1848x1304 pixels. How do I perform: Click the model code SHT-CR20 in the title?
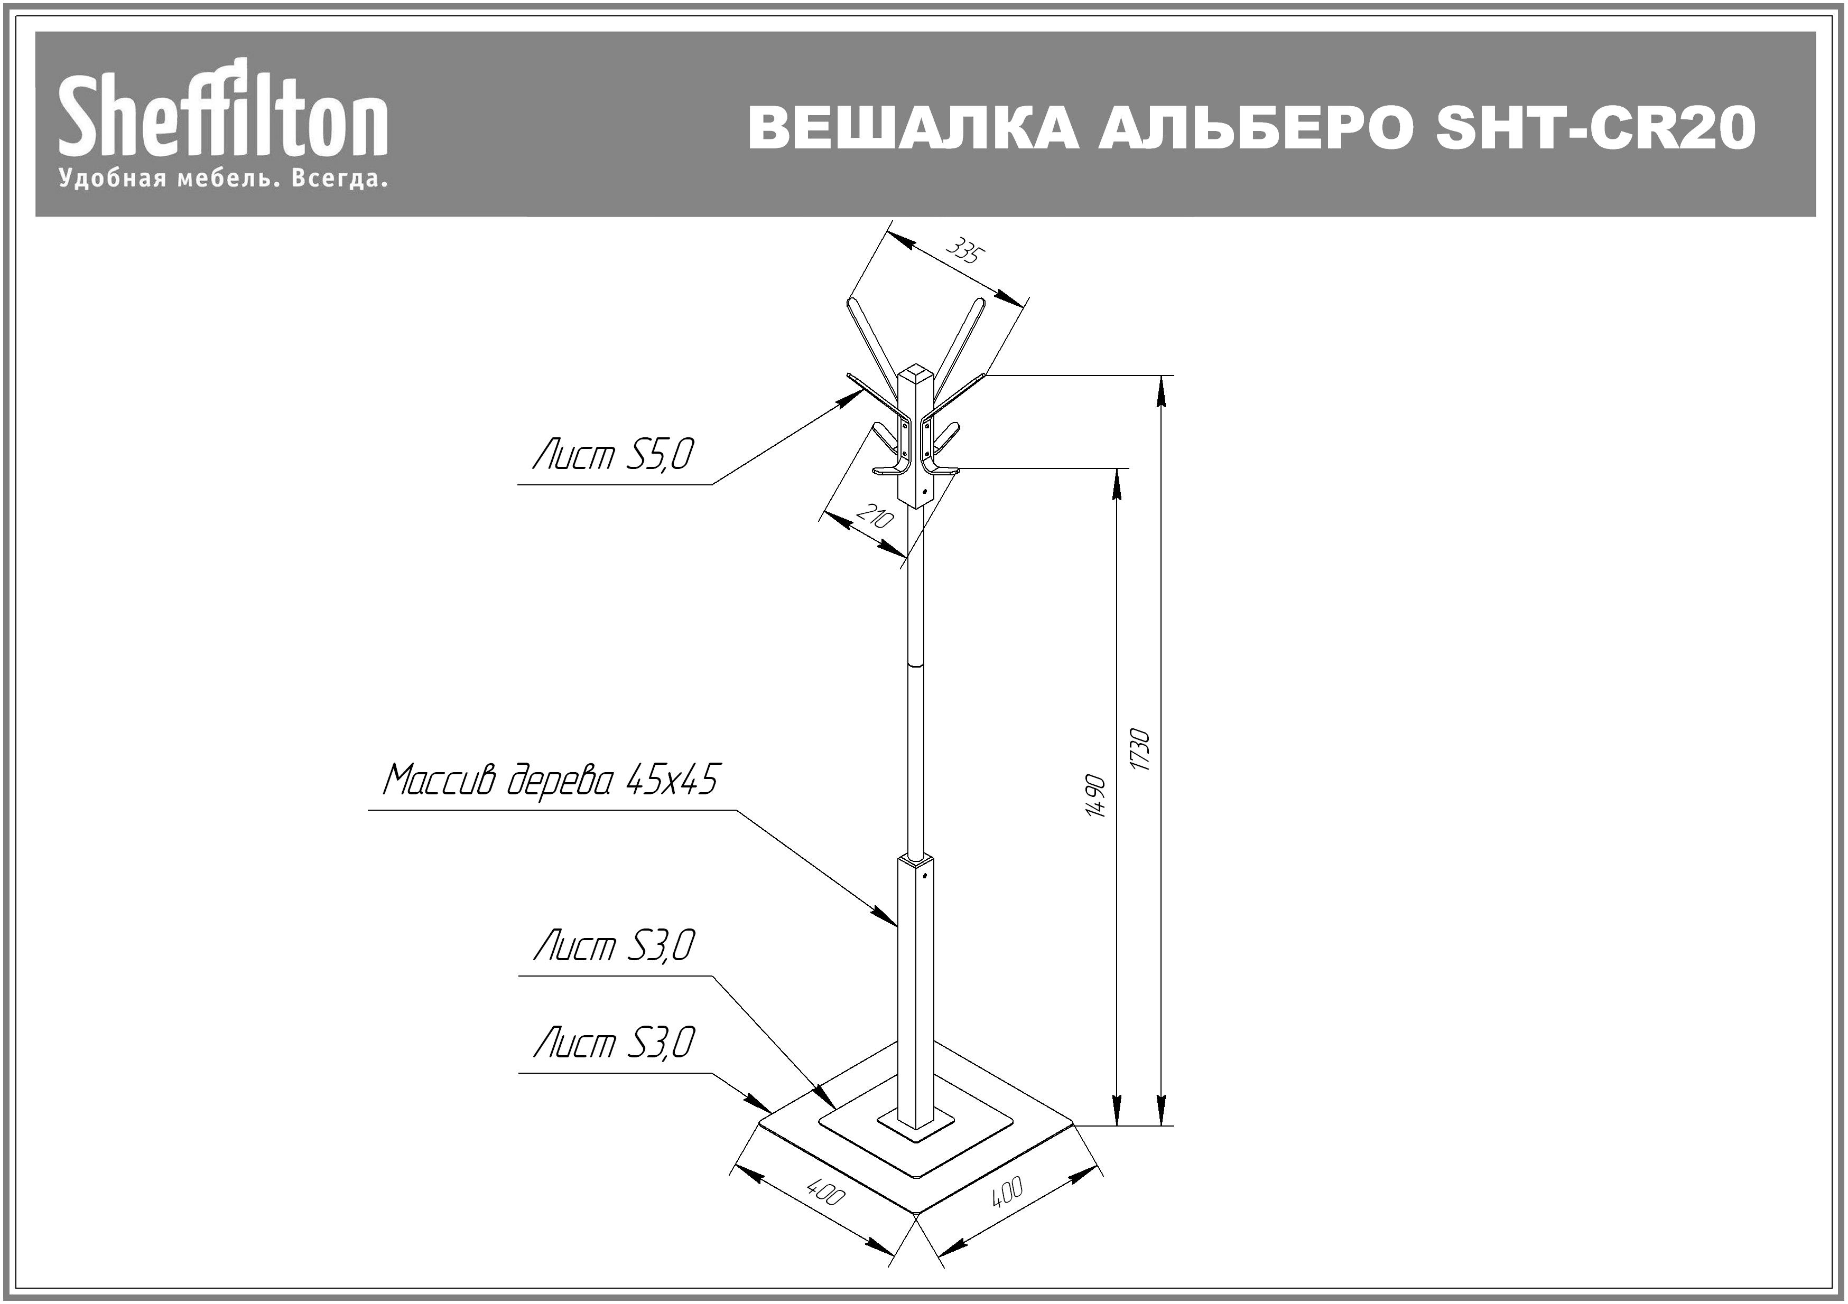(1595, 128)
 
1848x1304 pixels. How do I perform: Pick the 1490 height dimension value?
(1095, 796)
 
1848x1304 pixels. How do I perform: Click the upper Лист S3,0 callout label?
(614, 946)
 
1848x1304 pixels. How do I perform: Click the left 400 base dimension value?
(825, 1193)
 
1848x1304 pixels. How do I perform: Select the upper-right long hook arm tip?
(980, 303)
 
